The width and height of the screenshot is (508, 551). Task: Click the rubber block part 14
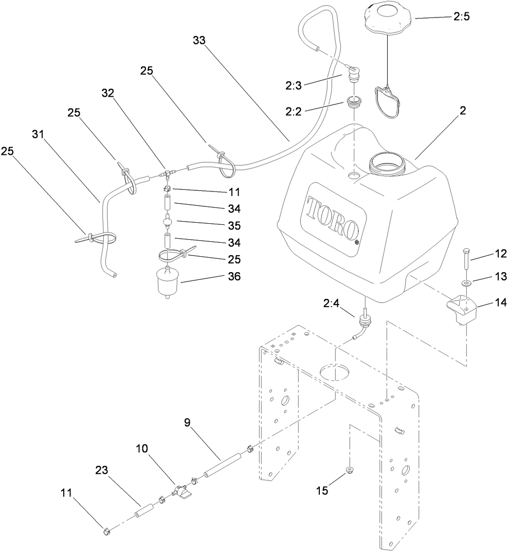pyautogui.click(x=462, y=308)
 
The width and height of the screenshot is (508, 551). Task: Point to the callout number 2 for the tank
pyautogui.click(x=463, y=111)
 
